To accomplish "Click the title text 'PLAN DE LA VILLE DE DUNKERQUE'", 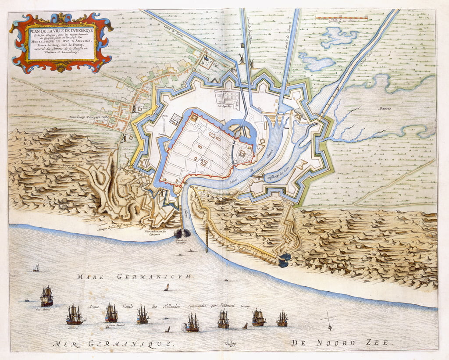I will coord(61,30).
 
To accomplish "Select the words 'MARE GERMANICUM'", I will coord(135,276).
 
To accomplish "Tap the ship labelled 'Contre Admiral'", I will coord(111,314).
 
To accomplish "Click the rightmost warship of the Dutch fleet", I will coord(282,319).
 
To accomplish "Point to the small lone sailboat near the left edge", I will coord(36,268).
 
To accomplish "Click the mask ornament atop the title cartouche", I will coord(61,18).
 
